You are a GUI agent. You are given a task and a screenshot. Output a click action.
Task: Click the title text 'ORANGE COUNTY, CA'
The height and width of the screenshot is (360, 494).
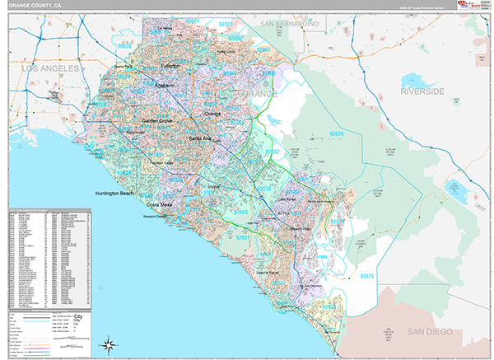(x=35, y=6)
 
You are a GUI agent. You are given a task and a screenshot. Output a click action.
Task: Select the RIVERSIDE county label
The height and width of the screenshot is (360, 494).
(x=422, y=91)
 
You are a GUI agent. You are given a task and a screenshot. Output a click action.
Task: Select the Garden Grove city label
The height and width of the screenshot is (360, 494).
(x=157, y=121)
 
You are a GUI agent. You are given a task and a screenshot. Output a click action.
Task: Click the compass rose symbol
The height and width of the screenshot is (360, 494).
(x=108, y=344)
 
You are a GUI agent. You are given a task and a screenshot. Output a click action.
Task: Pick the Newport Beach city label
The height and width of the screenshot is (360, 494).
(x=151, y=217)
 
